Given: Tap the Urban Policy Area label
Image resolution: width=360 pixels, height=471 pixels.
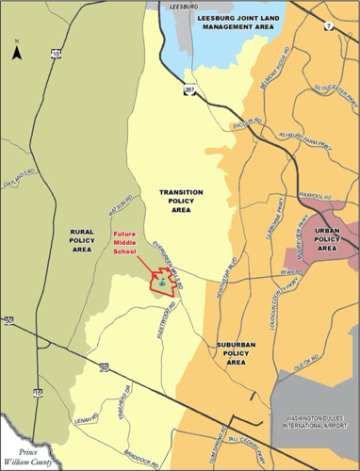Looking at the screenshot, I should (327, 241).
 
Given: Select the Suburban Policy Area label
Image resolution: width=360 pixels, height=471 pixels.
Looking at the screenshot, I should (237, 353).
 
